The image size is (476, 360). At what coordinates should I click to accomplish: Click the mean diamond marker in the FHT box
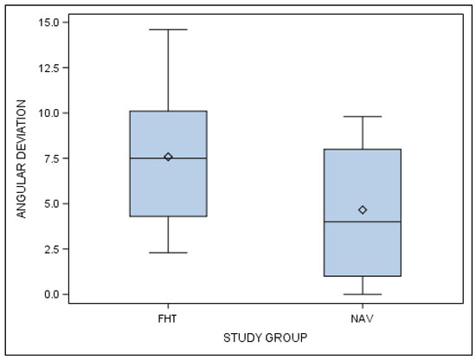point(168,157)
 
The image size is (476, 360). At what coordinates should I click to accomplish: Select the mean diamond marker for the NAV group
point(363,209)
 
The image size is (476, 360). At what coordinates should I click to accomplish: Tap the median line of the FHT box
point(168,158)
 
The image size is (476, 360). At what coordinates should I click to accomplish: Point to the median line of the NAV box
point(363,222)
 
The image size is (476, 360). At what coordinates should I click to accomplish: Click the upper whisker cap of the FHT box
point(168,29)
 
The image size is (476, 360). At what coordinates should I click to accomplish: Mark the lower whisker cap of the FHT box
point(168,253)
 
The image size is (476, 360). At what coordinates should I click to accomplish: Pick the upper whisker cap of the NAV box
point(363,116)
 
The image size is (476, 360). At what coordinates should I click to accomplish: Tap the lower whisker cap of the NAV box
point(363,294)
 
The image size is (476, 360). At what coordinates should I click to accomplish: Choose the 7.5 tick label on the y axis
point(51,158)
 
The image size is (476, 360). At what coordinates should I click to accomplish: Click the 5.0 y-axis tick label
point(51,203)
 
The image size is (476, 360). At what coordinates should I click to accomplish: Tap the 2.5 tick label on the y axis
point(51,249)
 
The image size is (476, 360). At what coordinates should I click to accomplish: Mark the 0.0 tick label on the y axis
point(51,294)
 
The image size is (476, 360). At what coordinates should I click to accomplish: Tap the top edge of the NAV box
point(363,150)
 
